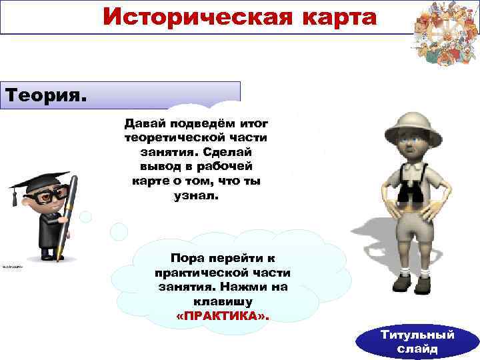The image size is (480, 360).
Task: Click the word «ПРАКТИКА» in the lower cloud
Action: click(x=223, y=315)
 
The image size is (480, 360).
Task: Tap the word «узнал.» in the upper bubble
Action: click(x=195, y=195)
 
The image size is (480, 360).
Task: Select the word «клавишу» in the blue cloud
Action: click(x=223, y=301)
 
